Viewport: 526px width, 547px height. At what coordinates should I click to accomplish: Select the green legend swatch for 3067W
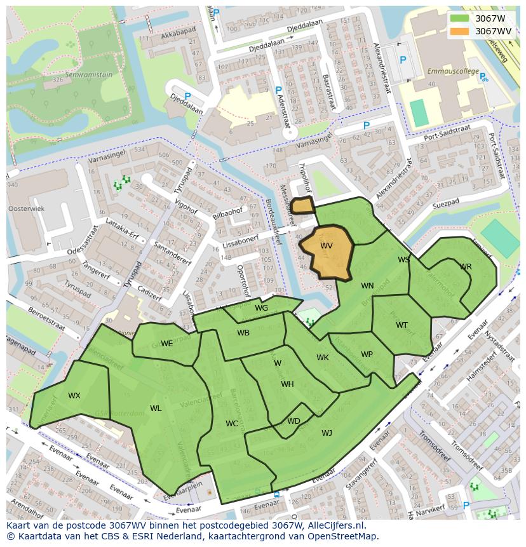tap(460, 18)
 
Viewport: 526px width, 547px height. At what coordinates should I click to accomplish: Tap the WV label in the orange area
tap(327, 246)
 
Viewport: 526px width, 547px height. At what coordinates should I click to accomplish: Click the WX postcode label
tap(74, 396)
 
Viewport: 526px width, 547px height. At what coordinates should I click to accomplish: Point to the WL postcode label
tap(156, 409)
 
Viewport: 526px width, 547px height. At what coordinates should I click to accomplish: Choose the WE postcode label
tap(166, 344)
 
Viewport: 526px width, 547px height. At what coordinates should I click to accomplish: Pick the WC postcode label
tap(232, 424)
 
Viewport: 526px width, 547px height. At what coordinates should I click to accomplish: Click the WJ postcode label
tap(327, 433)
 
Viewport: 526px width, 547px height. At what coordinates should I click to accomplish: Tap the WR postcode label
tap(466, 267)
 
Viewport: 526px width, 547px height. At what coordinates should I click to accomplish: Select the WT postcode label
tap(401, 325)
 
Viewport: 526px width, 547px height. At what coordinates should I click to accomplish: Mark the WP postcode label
tap(367, 355)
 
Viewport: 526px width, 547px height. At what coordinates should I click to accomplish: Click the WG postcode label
tap(261, 308)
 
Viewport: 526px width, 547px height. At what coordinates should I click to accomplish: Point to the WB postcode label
tap(243, 333)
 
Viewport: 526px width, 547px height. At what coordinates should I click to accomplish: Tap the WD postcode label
tap(293, 421)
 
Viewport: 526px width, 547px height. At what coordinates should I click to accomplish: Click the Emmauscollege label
tap(452, 71)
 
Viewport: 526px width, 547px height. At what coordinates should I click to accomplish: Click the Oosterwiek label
tap(25, 208)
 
